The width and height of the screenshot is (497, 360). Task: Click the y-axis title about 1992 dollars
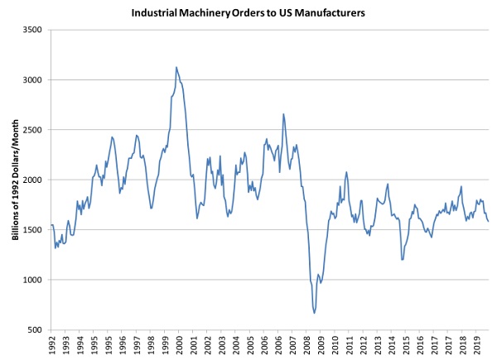coord(16,180)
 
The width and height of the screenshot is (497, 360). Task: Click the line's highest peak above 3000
coord(176,67)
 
